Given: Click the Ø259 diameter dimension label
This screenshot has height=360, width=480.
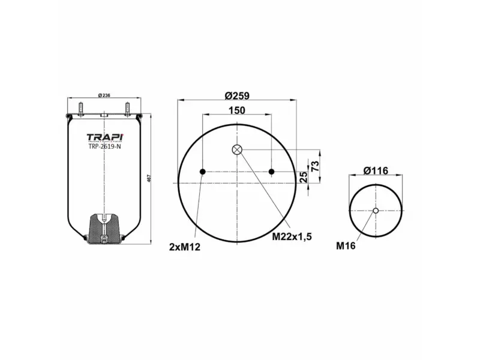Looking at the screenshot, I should pos(237,95).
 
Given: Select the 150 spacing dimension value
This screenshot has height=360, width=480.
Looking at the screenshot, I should pos(237,110).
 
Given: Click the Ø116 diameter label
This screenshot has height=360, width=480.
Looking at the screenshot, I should pos(376,171).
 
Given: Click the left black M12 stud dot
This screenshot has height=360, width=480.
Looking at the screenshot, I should pos(203,172).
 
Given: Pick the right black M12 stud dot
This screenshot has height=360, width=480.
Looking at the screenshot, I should pos(272,172).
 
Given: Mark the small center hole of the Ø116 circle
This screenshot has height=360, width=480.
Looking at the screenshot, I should pos(376,210).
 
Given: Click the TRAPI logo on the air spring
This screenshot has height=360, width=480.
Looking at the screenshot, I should pos(104,136).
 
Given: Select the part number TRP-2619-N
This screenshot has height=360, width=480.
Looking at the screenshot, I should pos(104,146).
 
